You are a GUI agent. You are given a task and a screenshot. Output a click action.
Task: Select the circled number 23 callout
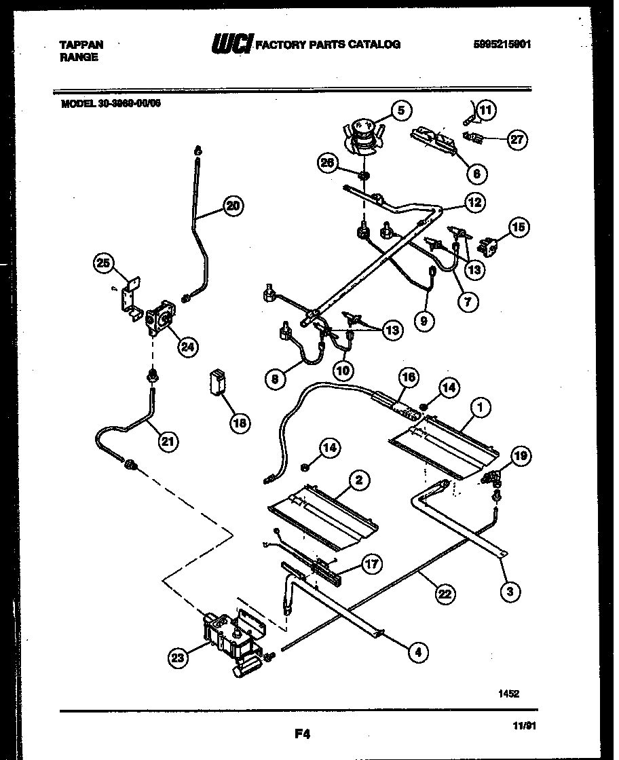click(179, 656)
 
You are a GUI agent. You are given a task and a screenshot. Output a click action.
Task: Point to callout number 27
click(517, 139)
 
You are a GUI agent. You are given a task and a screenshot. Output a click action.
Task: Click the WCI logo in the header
click(231, 45)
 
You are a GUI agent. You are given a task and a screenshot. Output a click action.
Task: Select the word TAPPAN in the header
click(81, 45)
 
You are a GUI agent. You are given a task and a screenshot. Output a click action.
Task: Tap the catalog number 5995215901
click(502, 44)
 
